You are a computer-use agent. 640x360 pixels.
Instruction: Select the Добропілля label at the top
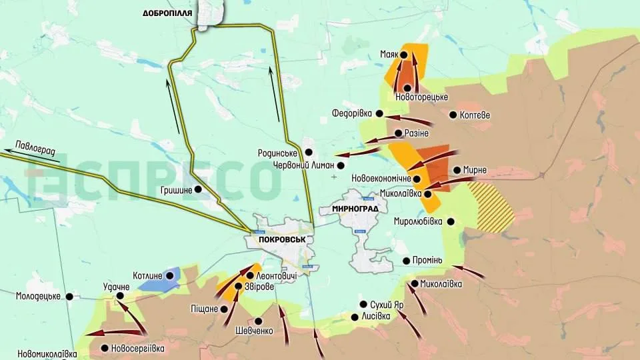point(167,13)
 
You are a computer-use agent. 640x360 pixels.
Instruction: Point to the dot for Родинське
point(309,153)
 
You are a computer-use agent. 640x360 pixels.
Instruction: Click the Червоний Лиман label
point(303,165)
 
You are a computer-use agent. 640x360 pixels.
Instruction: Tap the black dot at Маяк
point(403,55)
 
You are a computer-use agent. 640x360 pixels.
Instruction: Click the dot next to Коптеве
point(453,115)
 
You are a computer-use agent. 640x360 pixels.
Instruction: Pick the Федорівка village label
point(351,113)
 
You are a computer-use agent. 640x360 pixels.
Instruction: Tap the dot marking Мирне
point(457,170)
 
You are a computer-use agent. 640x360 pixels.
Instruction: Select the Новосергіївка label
point(138,348)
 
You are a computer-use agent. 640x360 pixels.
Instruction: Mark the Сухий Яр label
point(390,305)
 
